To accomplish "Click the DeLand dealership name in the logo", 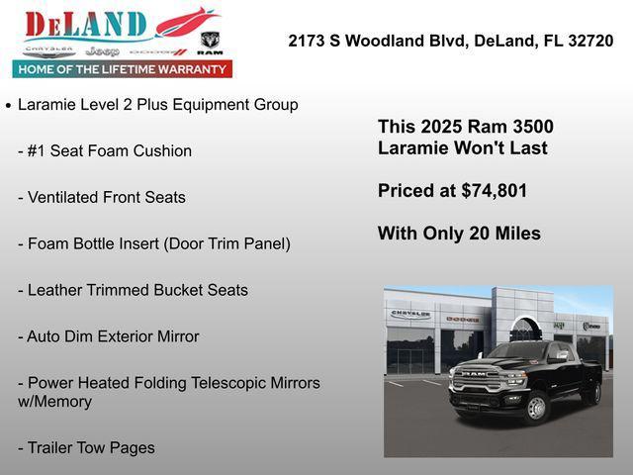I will tap(85, 25).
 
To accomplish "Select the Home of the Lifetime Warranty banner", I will tap(123, 69).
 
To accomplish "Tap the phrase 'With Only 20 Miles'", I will tap(459, 234).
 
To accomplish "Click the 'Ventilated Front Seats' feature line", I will tap(102, 197).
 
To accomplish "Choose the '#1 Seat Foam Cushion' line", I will tap(105, 150).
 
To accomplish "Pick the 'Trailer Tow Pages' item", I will tap(87, 447).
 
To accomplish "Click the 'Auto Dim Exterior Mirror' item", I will tap(109, 336).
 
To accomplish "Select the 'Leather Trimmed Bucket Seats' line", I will tap(134, 290).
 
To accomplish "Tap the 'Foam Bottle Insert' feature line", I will tap(154, 243).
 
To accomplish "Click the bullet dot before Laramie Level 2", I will tap(8, 105).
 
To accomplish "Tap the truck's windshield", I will tap(516, 351).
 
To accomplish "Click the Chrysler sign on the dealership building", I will tap(410, 314).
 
